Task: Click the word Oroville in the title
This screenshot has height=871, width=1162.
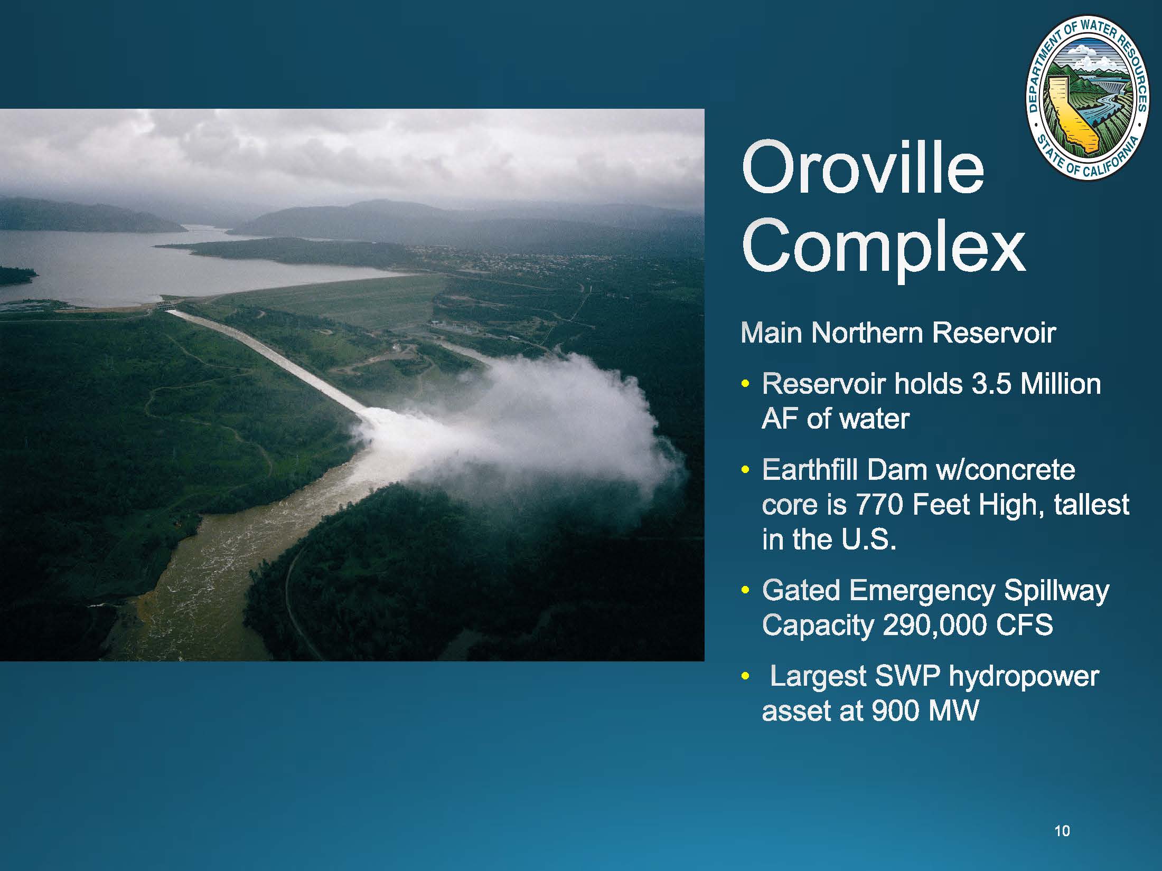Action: [x=863, y=168]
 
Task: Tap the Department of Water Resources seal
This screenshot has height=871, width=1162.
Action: [x=1088, y=97]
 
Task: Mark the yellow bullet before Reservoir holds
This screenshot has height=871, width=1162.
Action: [x=745, y=384]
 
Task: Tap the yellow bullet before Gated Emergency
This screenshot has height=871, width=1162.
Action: [x=745, y=590]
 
